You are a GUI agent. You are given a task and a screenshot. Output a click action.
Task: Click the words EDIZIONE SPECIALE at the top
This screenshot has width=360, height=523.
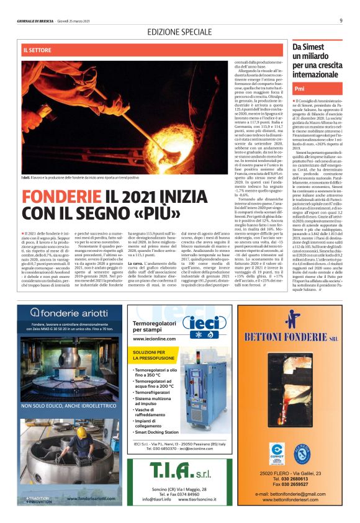[x=179, y=31]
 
